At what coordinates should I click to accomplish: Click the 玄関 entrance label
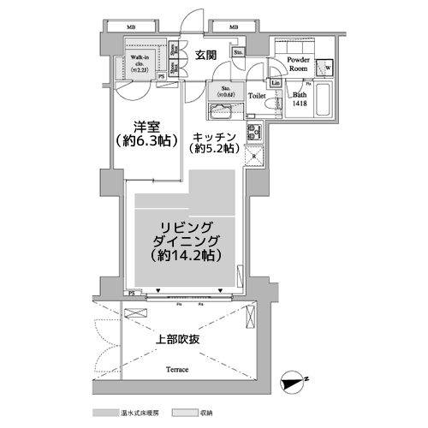[x=205, y=56]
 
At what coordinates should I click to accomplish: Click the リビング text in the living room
[x=184, y=225]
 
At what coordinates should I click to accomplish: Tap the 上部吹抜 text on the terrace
[x=178, y=339]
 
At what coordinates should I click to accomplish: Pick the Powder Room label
[x=299, y=64]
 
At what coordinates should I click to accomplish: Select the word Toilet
[x=258, y=96]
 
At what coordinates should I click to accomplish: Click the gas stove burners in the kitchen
[x=254, y=133]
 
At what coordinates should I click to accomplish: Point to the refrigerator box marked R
[x=253, y=157]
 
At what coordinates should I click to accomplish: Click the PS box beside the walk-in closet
[x=162, y=76]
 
